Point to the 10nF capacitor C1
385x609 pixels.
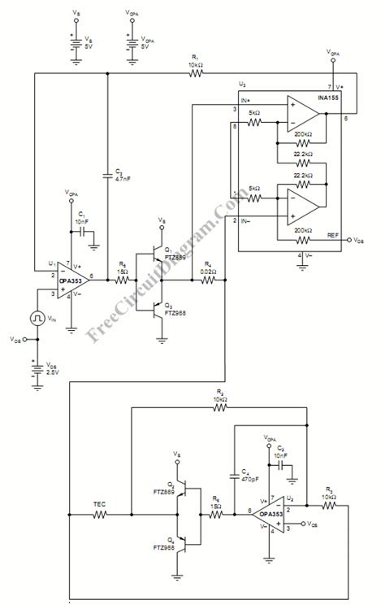(84, 232)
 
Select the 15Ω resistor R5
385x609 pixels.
(123, 279)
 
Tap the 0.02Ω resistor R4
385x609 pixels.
(208, 279)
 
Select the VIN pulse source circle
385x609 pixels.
(37, 317)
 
